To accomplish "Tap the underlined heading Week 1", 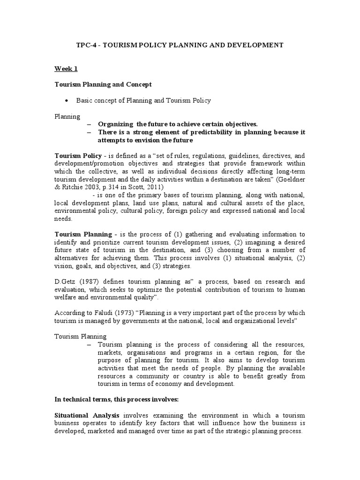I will pos(66,68).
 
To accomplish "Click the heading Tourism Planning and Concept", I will pos(103,84).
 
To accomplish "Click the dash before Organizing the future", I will pos(90,124).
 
